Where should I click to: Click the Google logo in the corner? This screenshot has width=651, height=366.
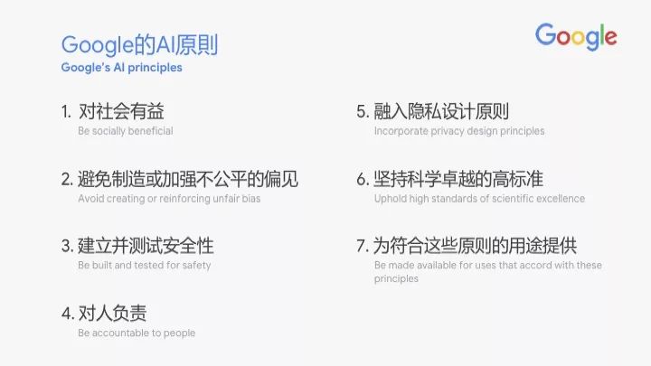point(576,36)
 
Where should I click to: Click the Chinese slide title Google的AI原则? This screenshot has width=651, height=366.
point(139,45)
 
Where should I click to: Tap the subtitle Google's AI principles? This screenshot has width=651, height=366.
point(122,68)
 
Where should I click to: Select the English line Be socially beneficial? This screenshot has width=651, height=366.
point(126,131)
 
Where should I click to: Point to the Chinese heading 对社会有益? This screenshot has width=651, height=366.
point(121,111)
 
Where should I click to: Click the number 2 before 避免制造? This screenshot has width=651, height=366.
point(67,179)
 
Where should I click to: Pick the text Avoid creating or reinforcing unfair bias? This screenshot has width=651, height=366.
point(169,198)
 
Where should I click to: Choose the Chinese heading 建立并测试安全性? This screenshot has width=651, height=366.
point(146,246)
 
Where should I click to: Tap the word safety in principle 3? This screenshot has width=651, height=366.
point(196,265)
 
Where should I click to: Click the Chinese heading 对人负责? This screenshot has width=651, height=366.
point(112,314)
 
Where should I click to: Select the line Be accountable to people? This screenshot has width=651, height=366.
point(137,333)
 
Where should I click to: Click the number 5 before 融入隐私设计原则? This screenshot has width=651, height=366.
point(362,112)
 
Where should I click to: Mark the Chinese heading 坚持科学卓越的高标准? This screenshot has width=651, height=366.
point(458,179)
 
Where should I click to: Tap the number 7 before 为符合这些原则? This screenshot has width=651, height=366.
point(362,246)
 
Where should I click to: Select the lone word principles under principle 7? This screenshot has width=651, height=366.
point(396,279)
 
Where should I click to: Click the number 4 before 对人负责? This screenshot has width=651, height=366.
point(67,314)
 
